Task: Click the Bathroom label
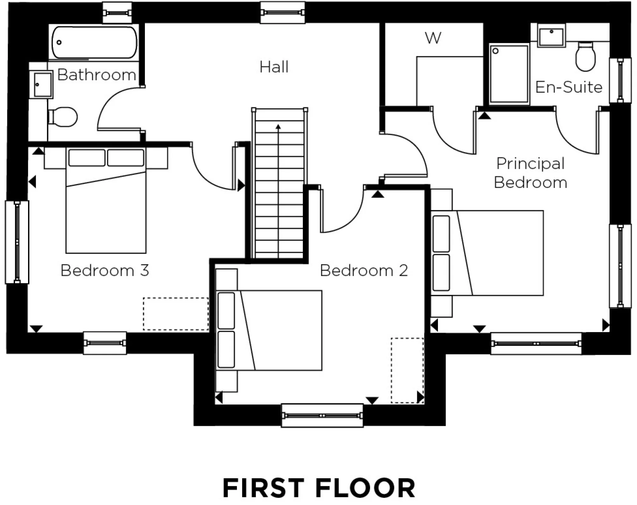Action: pyautogui.click(x=97, y=75)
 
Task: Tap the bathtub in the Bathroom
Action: pyautogui.click(x=94, y=43)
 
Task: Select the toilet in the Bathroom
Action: pyautogui.click(x=63, y=117)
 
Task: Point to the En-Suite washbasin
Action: pyautogui.click(x=551, y=36)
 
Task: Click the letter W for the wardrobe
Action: pyautogui.click(x=433, y=38)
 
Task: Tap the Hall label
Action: pyautogui.click(x=274, y=67)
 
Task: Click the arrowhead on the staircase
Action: pyautogui.click(x=278, y=127)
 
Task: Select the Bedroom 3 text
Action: pyautogui.click(x=104, y=271)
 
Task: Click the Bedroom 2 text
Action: pyautogui.click(x=364, y=271)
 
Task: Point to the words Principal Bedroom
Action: pyautogui.click(x=530, y=173)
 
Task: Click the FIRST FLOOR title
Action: pyautogui.click(x=318, y=488)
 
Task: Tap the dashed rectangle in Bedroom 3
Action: pyautogui.click(x=175, y=314)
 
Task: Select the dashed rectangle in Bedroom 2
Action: pyautogui.click(x=407, y=370)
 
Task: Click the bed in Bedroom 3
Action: pyautogui.click(x=106, y=210)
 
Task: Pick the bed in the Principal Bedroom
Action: pyautogui.click(x=497, y=253)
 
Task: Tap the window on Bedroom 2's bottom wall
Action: pyautogui.click(x=322, y=416)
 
